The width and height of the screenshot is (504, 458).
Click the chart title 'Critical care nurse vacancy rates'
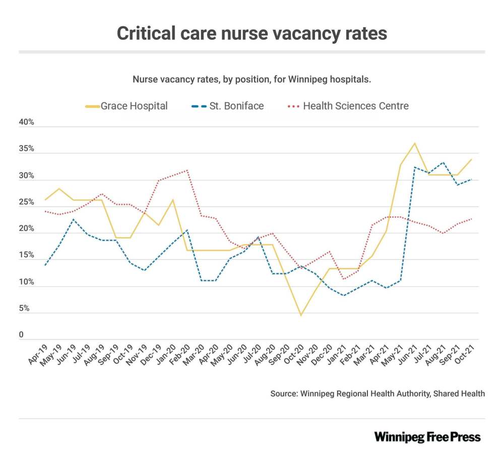point(252,33)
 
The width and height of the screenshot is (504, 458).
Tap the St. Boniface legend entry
point(227,106)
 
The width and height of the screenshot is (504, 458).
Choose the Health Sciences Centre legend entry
point(347,106)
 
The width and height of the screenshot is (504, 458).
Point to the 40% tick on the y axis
point(26,123)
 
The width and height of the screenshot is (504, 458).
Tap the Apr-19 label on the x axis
point(36,354)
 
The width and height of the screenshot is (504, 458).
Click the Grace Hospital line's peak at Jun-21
point(414,143)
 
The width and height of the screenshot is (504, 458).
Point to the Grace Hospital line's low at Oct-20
point(301,316)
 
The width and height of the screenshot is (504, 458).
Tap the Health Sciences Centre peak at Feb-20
point(187,170)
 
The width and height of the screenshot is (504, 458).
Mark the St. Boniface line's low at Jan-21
point(344,295)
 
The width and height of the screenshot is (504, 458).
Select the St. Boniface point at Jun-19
point(74,219)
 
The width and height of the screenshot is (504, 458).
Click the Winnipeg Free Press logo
point(427,436)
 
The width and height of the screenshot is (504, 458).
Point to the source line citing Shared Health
point(377,394)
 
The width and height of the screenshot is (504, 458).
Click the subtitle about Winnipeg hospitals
point(252,80)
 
